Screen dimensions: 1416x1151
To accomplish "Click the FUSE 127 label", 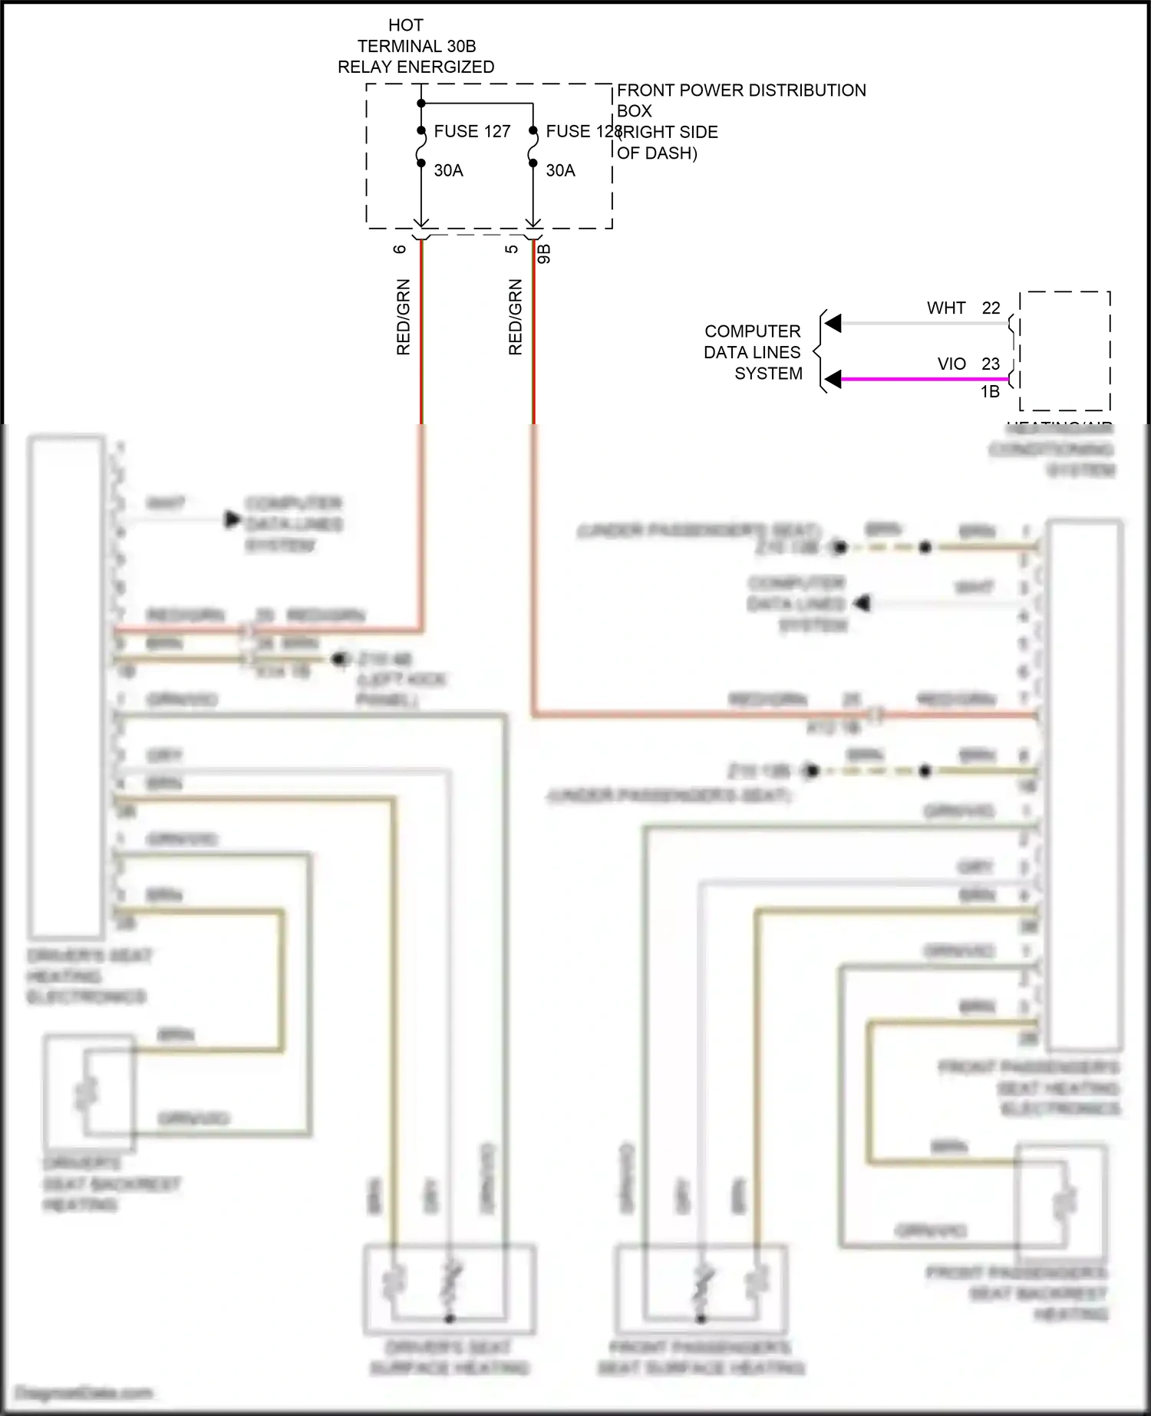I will coord(471,132).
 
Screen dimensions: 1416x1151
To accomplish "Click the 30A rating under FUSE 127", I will coord(448,171).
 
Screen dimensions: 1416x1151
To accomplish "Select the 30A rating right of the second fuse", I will coord(560,171).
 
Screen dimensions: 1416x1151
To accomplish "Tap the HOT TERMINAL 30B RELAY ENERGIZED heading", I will coord(416,46).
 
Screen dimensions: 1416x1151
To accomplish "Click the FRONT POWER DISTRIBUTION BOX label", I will coord(740,100).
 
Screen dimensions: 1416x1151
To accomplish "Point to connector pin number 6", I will coord(400,249).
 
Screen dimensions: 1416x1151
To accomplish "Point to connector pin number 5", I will coord(512,249).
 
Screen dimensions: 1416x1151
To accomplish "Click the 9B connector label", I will coord(544,254).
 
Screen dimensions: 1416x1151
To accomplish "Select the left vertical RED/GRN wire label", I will coord(404,317).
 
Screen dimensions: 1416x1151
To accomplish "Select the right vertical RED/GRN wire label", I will coord(516,317).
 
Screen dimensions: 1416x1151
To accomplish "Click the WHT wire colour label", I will coord(945,308).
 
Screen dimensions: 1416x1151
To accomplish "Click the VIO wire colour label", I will coord(951,364).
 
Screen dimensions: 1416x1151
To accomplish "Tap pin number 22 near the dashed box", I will coord(991,308).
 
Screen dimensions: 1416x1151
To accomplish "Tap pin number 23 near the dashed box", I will coord(991,364).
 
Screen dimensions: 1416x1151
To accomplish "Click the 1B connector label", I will coord(990,392).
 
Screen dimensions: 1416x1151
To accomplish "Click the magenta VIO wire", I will coord(921,379).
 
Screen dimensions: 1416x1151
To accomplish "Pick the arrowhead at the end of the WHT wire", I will coord(833,324).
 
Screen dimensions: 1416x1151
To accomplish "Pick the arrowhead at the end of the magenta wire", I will coord(833,379).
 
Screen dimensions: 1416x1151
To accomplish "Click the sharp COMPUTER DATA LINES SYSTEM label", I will coord(753,352).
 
